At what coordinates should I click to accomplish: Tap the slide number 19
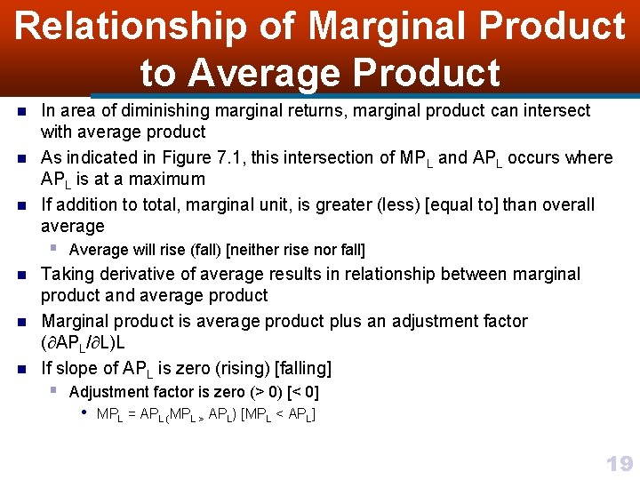click(619, 463)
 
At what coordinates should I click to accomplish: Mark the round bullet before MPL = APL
click(84, 413)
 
